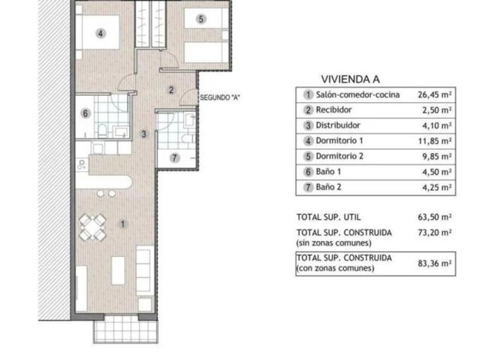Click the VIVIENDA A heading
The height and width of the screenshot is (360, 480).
pos(350,79)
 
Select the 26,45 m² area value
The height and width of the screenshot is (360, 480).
pos(435,95)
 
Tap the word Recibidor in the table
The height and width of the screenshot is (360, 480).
pos(334,110)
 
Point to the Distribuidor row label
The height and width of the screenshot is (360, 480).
pos(338,125)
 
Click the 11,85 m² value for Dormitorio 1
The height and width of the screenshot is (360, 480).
pos(435,141)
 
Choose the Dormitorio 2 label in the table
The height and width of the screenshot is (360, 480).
pos(339,156)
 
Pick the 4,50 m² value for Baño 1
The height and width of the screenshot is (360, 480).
pos(437,172)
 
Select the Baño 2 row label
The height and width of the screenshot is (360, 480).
pos(329,187)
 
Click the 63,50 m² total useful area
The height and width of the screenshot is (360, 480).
pos(435,217)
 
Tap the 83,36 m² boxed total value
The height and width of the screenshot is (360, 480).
pos(435,263)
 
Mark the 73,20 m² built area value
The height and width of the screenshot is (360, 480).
pos(435,233)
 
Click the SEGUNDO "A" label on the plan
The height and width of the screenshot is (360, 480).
pos(220,98)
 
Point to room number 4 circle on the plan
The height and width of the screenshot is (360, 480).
pos(101,33)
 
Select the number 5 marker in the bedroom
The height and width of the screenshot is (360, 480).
pos(201,19)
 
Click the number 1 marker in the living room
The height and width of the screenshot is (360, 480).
pos(123,225)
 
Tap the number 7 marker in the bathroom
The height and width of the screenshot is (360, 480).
pos(174,158)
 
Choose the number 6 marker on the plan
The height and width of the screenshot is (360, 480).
pos(85,114)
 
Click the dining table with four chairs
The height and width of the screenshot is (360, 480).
pos(93,227)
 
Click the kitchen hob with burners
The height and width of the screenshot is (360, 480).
pos(81,164)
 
